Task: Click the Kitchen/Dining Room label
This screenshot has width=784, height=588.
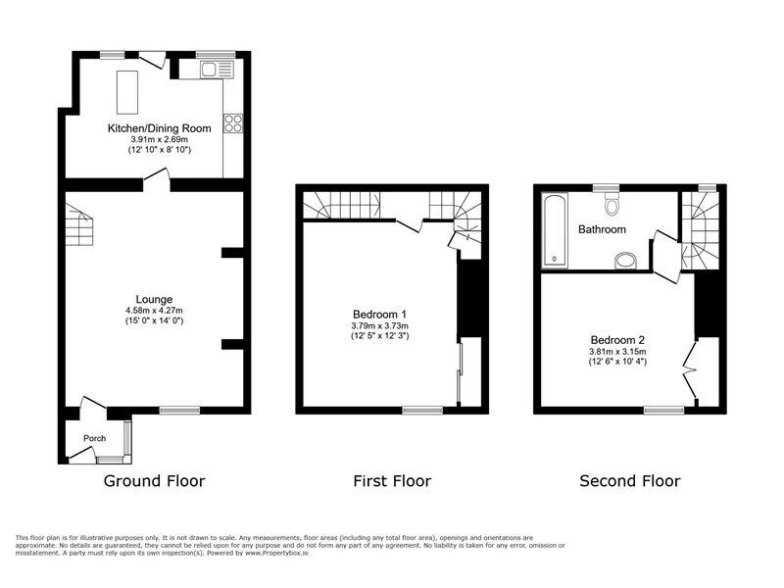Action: [x=160, y=128]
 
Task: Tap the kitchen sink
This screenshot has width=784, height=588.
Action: [x=217, y=70]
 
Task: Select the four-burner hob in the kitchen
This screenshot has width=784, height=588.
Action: [x=233, y=123]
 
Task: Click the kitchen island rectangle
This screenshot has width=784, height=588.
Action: [x=127, y=92]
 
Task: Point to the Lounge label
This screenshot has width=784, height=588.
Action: [x=154, y=300]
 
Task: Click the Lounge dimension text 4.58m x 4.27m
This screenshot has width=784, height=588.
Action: [x=154, y=311]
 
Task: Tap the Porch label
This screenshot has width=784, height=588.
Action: [x=94, y=438]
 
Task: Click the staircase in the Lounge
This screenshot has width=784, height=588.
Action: [x=79, y=224]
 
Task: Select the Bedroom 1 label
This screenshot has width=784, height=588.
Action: [x=379, y=315]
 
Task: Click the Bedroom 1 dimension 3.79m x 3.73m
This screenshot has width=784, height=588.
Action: [x=379, y=326]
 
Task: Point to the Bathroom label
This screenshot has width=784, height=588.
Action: [x=602, y=229]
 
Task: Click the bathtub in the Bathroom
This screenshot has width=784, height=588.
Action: [x=555, y=230]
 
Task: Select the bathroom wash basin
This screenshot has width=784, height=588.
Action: [x=625, y=261]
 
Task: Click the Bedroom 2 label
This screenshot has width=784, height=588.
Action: [x=617, y=340]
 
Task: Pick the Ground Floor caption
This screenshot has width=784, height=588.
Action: [x=154, y=481]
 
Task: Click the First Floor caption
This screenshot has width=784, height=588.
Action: [x=392, y=481]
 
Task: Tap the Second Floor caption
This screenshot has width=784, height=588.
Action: [x=630, y=481]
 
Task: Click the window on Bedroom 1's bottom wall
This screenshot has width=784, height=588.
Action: [x=422, y=411]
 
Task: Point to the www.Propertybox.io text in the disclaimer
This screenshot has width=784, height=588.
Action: [x=276, y=554]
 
